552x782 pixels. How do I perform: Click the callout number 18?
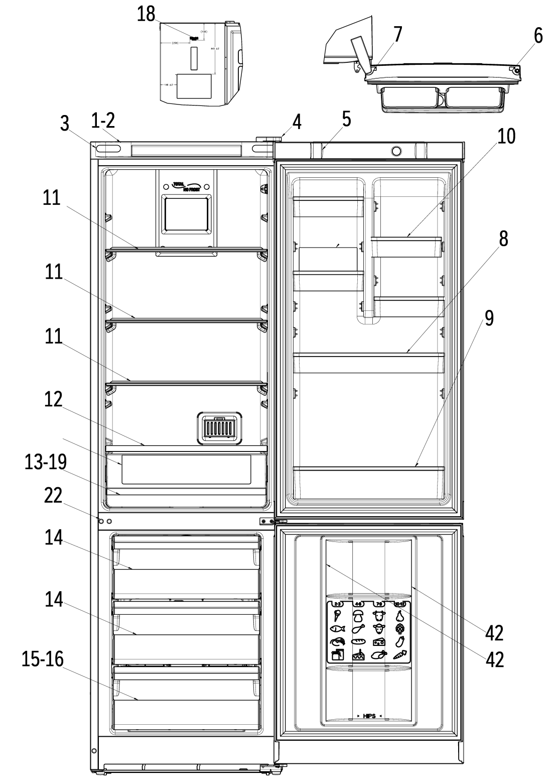[146, 14]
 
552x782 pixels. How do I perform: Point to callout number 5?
[346, 120]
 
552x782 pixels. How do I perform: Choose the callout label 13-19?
[46, 463]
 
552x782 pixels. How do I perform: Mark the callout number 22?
[53, 496]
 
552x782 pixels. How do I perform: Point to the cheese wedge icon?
[379, 642]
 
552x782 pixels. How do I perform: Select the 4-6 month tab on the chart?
[358, 604]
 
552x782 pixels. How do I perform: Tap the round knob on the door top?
[396, 151]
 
